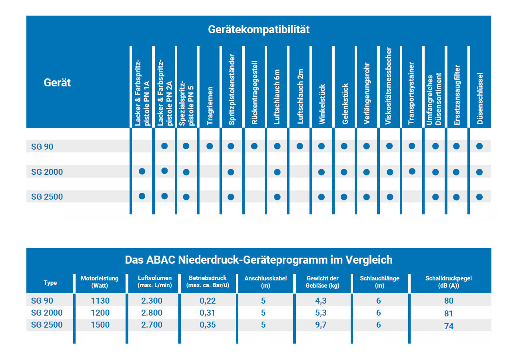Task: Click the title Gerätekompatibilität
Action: tap(258, 30)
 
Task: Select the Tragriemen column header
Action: tap(210, 106)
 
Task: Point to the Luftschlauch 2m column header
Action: tap(301, 96)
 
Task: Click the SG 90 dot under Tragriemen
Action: tap(210, 146)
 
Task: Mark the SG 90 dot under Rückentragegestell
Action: tap(254, 146)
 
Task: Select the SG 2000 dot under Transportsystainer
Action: tap(412, 172)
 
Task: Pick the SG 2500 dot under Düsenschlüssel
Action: tap(479, 197)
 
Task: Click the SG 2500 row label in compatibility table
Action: tap(47, 197)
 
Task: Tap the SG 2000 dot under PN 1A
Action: tap(142, 172)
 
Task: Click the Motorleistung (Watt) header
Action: tap(100, 282)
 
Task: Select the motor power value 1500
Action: tap(100, 325)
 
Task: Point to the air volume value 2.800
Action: tap(152, 313)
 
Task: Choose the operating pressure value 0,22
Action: tap(208, 301)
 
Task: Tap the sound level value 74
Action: tap(449, 326)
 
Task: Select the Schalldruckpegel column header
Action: tap(449, 282)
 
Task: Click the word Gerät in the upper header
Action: tap(57, 83)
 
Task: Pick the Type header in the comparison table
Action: tap(50, 283)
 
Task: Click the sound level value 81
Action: tap(449, 314)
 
